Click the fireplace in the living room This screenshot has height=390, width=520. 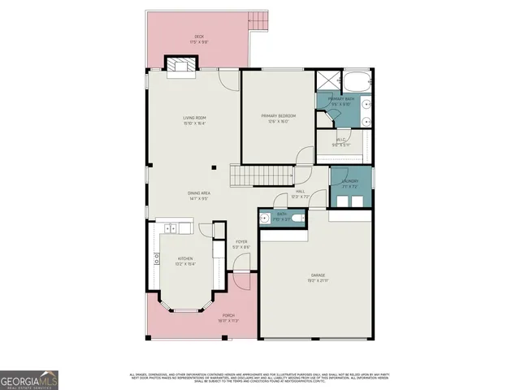(178, 64)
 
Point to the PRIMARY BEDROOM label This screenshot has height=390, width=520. (278, 119)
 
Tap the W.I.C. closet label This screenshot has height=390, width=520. (343, 142)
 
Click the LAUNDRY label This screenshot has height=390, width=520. (349, 183)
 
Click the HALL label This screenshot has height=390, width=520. (301, 194)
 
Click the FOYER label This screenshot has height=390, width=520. (241, 244)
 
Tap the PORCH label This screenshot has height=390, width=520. (227, 318)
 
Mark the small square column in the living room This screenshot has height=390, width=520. (214, 167)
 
